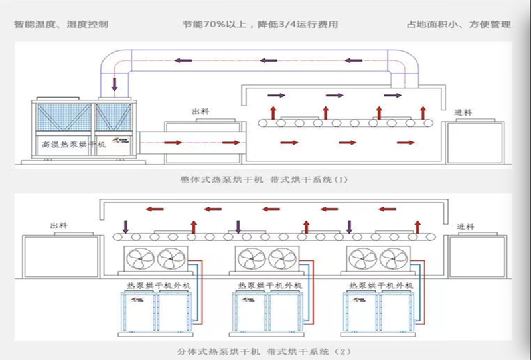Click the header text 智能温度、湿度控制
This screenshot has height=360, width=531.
61,25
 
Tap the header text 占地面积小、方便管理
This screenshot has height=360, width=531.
459,25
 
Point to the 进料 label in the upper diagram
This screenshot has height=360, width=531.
464,112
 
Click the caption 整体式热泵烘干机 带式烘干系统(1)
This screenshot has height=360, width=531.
264,179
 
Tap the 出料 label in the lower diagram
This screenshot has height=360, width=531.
59,226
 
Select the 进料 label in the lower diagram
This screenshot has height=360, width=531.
466,226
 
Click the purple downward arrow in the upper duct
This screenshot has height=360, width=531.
115,84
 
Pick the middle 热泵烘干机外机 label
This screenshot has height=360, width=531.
261,285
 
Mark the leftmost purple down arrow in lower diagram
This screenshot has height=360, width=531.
126,226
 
